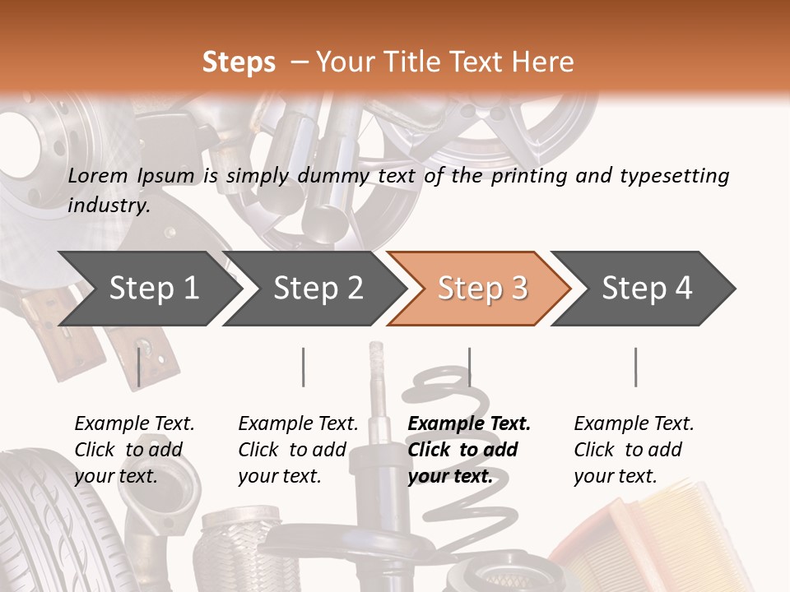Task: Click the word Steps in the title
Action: (239, 62)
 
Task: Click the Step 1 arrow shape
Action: (148, 289)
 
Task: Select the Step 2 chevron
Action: (318, 289)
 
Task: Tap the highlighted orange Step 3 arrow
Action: (482, 289)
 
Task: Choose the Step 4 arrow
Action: (647, 289)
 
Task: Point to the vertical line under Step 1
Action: (138, 367)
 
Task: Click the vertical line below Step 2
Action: (304, 367)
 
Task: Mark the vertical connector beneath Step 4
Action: (635, 367)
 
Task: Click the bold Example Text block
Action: (467, 449)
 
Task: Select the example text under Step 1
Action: (133, 449)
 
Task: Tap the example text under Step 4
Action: (632, 449)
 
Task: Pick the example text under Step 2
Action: (297, 449)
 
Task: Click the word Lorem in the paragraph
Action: (98, 176)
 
